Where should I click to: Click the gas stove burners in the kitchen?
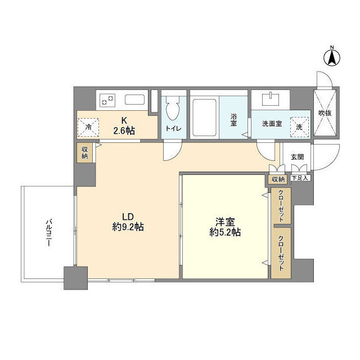tap(107, 101)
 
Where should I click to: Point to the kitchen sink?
tap(136, 101)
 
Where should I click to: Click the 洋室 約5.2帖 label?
tap(224, 226)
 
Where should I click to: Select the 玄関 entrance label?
tap(297, 157)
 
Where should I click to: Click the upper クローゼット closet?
tap(280, 205)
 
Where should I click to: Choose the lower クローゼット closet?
tap(280, 252)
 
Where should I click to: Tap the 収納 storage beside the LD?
tap(84, 152)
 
